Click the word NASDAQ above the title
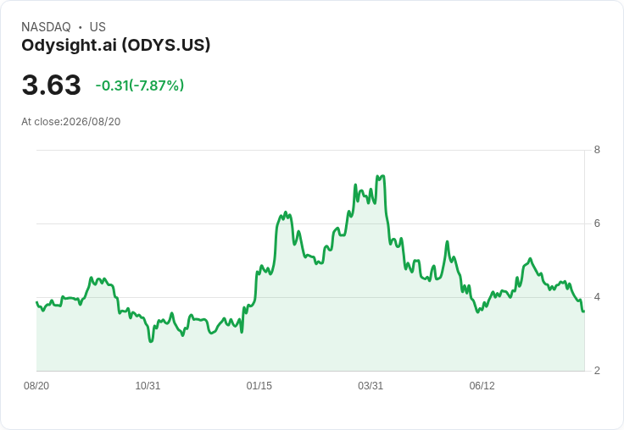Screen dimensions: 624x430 tap(46, 27)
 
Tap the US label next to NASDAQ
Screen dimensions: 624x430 tap(97, 27)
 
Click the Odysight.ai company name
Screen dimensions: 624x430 tap(70, 46)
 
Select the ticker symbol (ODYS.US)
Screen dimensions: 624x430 tap(166, 46)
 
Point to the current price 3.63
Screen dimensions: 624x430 tap(52, 85)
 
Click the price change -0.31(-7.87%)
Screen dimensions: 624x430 tap(140, 85)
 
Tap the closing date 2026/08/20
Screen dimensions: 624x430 tap(92, 122)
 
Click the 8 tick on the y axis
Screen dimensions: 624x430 tap(597, 150)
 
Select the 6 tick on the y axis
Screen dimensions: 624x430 tap(597, 223)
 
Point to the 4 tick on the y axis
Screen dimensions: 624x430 tap(597, 297)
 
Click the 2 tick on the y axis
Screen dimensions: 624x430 tap(597, 371)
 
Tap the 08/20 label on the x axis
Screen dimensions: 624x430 tap(36, 386)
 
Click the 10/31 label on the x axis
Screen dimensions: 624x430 tap(148, 386)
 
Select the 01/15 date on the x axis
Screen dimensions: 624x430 tap(259, 386)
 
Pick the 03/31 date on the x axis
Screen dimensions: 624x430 tap(370, 386)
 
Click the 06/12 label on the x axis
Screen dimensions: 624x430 tap(482, 386)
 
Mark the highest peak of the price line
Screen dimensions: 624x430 tap(382, 176)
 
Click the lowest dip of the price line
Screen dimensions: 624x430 tap(150, 341)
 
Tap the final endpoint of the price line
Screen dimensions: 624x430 tap(583, 311)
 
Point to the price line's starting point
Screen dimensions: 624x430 tap(36, 302)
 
